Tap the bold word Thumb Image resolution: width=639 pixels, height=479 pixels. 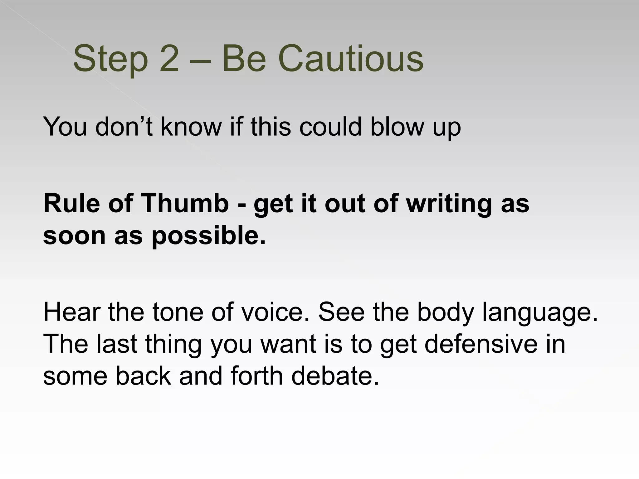point(185,203)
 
